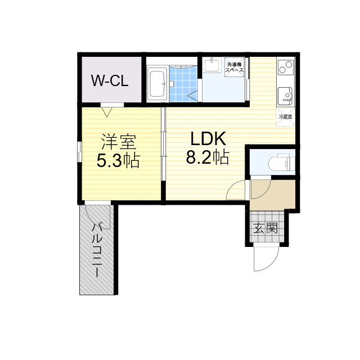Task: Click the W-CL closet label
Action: click(110, 80)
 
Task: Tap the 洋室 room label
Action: click(119, 142)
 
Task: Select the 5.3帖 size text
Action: click(118, 161)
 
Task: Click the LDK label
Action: click(208, 138)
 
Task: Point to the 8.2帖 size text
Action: click(208, 157)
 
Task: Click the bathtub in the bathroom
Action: click(157, 84)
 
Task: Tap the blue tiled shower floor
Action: click(183, 84)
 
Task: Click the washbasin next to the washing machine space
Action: click(212, 65)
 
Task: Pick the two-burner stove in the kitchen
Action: click(286, 67)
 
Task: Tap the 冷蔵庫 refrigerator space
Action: click(285, 117)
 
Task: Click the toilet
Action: click(282, 163)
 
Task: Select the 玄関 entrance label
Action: click(265, 228)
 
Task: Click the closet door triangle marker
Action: click(107, 112)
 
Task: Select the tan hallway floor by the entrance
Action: click(272, 195)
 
